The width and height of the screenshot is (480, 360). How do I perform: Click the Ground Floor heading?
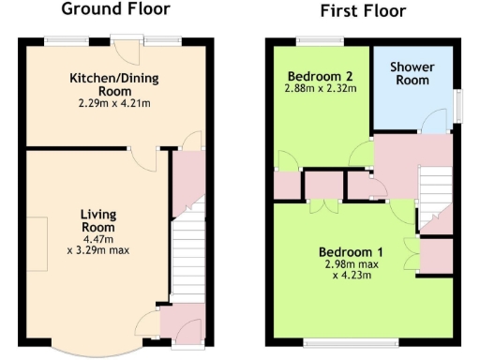pyautogui.click(x=115, y=9)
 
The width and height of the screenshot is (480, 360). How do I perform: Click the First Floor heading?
pyautogui.click(x=362, y=12)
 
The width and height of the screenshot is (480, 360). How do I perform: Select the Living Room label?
pyautogui.click(x=97, y=220)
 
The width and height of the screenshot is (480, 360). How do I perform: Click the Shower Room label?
pyautogui.click(x=411, y=74)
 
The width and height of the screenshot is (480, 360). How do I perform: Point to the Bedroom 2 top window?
pyautogui.click(x=308, y=39)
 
